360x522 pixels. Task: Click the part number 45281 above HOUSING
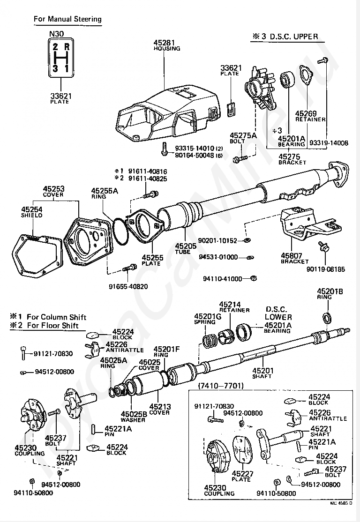click(164, 43)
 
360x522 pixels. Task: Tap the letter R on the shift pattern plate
click(67, 46)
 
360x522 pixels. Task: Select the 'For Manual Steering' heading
click(67, 19)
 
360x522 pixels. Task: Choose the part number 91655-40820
click(128, 286)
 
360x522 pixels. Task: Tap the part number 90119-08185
click(326, 269)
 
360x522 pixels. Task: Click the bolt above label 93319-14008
click(322, 60)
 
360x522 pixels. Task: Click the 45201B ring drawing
click(328, 318)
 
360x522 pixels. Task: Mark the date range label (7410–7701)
click(221, 386)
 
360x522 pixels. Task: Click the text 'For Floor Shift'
click(52, 326)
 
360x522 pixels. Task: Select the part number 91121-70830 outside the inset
click(53, 354)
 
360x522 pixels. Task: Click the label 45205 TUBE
click(186, 249)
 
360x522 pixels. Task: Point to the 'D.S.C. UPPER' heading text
click(294, 36)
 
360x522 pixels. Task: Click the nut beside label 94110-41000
click(253, 278)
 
